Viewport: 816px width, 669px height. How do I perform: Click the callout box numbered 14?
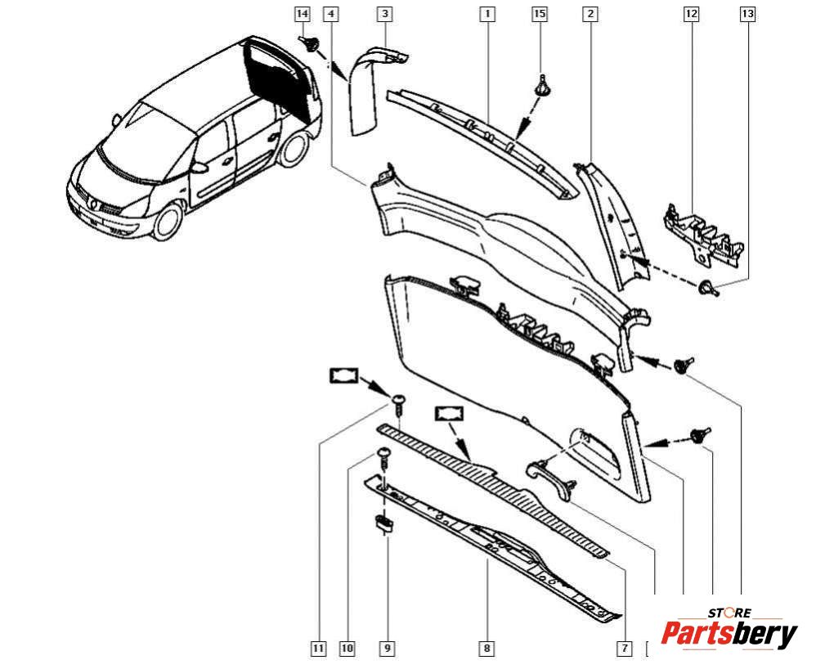tap(303, 14)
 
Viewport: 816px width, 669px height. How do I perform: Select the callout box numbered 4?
tap(330, 14)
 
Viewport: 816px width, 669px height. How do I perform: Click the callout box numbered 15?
tap(539, 14)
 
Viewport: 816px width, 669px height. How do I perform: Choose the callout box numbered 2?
tap(590, 14)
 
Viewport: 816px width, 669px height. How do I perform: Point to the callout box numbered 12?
tap(692, 14)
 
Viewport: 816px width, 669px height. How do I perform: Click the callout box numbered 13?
tap(747, 14)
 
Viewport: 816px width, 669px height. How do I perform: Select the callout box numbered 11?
tap(318, 649)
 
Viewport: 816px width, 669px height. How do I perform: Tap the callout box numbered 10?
tap(347, 649)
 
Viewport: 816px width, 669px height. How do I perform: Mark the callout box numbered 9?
tap(388, 649)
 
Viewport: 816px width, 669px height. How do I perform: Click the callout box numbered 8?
tap(486, 649)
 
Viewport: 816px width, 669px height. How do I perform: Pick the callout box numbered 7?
tap(624, 649)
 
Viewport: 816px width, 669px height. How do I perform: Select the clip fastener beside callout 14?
tap(310, 45)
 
